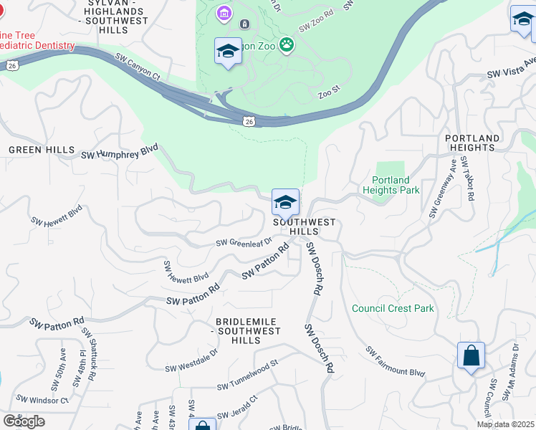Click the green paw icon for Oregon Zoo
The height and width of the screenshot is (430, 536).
pyautogui.click(x=287, y=44)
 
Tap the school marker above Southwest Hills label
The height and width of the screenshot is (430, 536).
pyautogui.click(x=285, y=204)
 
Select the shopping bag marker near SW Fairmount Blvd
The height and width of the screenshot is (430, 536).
pyautogui.click(x=471, y=356)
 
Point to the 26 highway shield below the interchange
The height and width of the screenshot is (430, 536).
pyautogui.click(x=248, y=122)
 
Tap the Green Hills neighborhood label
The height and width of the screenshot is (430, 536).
pyautogui.click(x=42, y=150)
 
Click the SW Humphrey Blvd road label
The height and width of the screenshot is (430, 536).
pyautogui.click(x=119, y=154)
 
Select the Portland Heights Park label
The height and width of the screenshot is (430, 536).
pyautogui.click(x=391, y=185)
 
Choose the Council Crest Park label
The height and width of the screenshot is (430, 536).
pyautogui.click(x=393, y=309)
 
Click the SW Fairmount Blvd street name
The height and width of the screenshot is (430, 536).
pyautogui.click(x=395, y=363)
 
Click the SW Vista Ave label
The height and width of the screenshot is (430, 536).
pyautogui.click(x=510, y=73)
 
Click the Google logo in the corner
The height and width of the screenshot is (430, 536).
pyautogui.click(x=24, y=421)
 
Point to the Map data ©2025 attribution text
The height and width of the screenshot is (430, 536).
pyautogui.click(x=505, y=424)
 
